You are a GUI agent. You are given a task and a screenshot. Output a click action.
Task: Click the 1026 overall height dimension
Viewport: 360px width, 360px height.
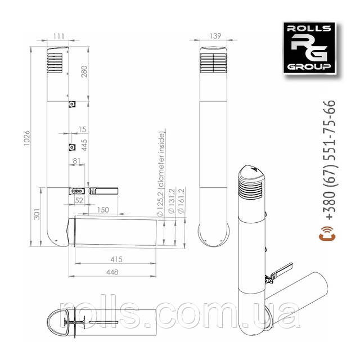point(27,138)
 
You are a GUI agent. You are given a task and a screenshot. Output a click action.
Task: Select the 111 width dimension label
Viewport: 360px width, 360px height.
point(58,36)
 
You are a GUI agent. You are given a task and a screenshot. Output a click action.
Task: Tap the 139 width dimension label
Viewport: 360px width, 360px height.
point(215,36)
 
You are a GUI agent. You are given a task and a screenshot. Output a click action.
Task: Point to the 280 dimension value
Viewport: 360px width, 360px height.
point(84,71)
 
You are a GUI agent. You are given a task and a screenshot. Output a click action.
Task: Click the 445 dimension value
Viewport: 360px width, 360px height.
point(84,145)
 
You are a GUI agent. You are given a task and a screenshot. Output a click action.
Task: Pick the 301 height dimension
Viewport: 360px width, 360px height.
point(37,214)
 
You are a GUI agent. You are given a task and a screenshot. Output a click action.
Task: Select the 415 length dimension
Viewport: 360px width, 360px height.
point(116,259)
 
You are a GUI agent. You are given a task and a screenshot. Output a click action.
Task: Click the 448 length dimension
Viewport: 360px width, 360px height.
point(112,272)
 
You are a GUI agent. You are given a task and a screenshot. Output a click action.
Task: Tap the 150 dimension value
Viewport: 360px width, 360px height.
point(103,210)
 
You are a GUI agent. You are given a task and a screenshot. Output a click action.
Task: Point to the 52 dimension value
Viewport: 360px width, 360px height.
point(79,200)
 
